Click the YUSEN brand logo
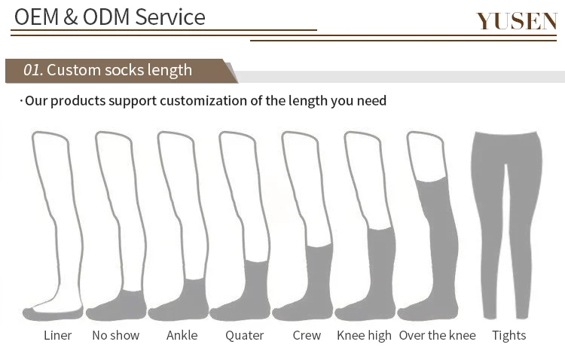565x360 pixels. (x=516, y=20)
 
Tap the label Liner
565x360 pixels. (x=57, y=335)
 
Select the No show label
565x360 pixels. (x=115, y=335)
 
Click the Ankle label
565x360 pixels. (x=182, y=335)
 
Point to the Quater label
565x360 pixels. (x=244, y=335)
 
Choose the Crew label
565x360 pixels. (x=307, y=335)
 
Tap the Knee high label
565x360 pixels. (x=364, y=335)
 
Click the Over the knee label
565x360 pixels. (x=437, y=335)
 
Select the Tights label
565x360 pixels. (x=508, y=335)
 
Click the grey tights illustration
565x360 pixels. (x=506, y=218)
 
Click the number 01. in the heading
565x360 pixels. (x=32, y=70)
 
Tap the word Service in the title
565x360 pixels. (x=169, y=17)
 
